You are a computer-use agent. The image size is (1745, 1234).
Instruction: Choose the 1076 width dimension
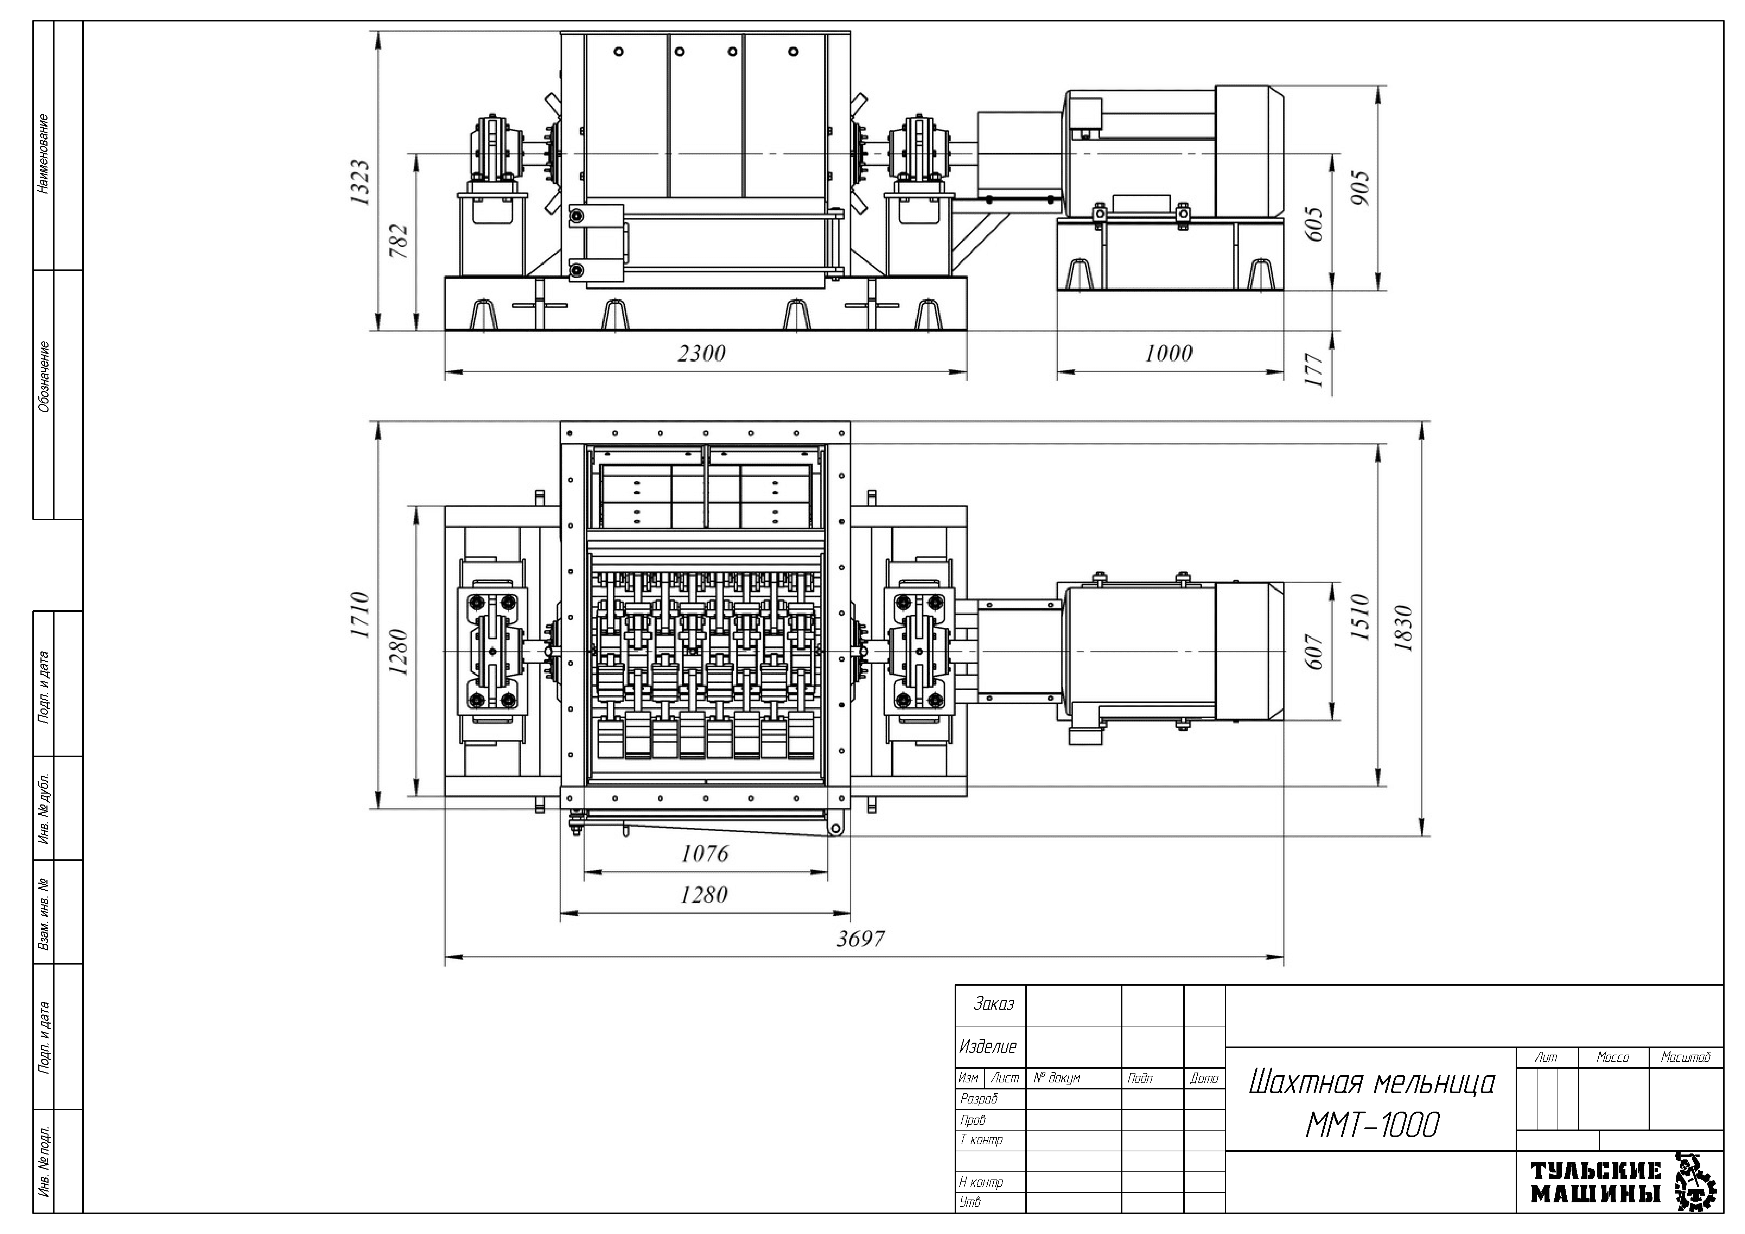tap(705, 854)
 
